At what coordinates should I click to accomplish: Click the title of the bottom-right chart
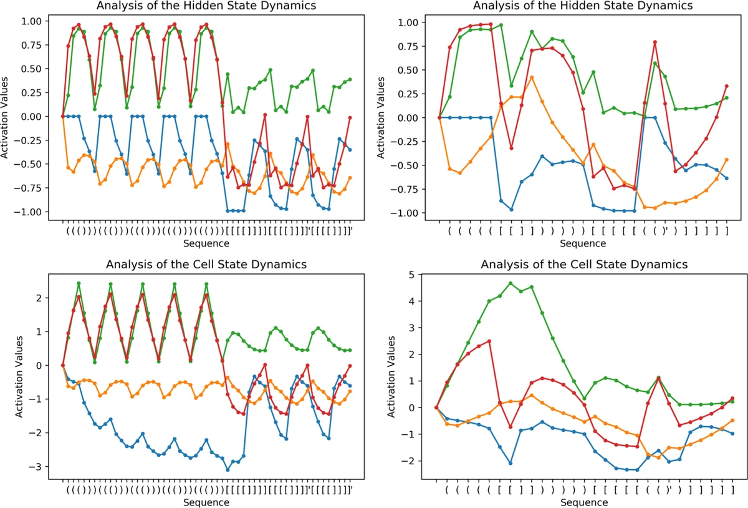(584, 265)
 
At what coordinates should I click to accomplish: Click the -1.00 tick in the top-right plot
(410, 213)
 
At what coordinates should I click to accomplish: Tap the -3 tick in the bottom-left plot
(37, 467)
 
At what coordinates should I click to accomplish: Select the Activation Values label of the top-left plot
(7, 117)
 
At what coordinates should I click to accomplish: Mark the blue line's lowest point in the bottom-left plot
(228, 469)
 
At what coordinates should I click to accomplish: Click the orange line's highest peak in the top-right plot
(532, 77)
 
